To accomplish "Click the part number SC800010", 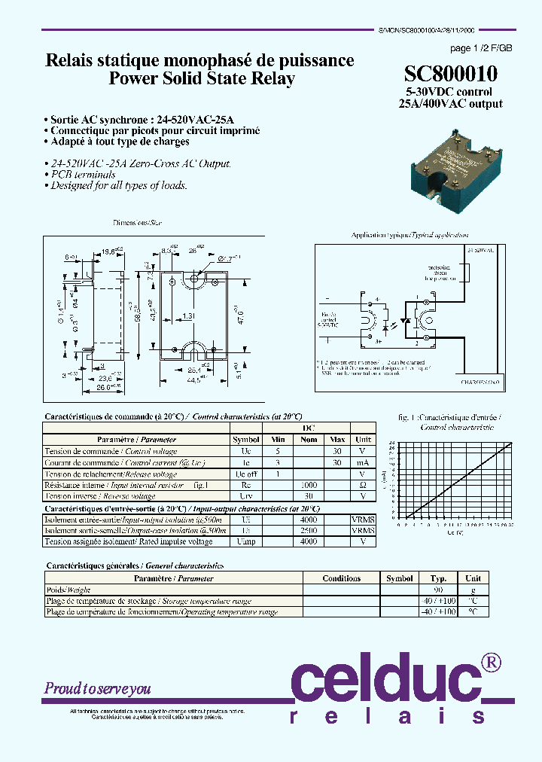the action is point(450,75).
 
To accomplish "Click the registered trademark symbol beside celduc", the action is point(491,662).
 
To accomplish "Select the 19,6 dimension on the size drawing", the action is point(111,252).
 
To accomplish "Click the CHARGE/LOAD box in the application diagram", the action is point(480,383).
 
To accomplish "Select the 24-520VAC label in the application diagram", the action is point(481,248).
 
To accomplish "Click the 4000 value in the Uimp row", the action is point(309,541).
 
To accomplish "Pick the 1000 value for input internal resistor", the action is point(309,486).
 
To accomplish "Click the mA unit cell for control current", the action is point(363,462).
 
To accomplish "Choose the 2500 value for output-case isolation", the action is point(309,530).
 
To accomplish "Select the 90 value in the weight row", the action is point(438,590).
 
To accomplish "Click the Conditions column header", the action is point(341,578).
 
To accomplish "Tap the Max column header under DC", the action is point(338,439).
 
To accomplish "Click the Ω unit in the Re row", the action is point(363,486).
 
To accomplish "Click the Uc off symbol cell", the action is point(246,474).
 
